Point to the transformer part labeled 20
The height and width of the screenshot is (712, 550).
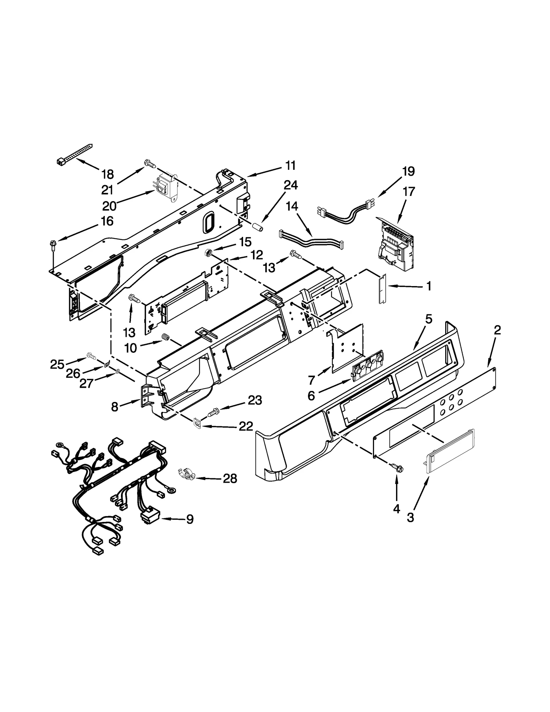(165, 187)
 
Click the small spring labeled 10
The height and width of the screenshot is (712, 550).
(166, 338)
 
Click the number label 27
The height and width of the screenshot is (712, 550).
(86, 383)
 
